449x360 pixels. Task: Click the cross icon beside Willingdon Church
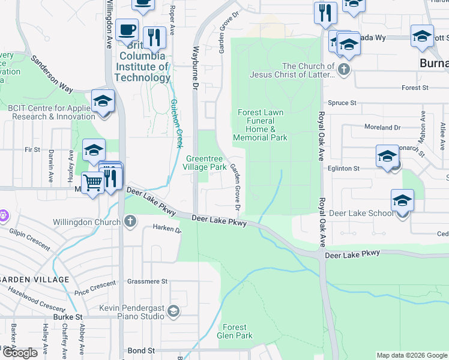point(130,221)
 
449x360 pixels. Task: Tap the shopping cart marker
point(92,181)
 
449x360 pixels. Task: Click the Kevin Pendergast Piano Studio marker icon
point(173,310)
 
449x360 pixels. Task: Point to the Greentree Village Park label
point(204,162)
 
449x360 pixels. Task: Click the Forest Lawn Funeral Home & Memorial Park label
point(260,125)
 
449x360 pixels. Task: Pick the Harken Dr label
point(166,228)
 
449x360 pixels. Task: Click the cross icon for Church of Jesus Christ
point(343,69)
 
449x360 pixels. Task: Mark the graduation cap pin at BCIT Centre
point(103,100)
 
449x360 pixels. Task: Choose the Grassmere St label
point(147,281)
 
